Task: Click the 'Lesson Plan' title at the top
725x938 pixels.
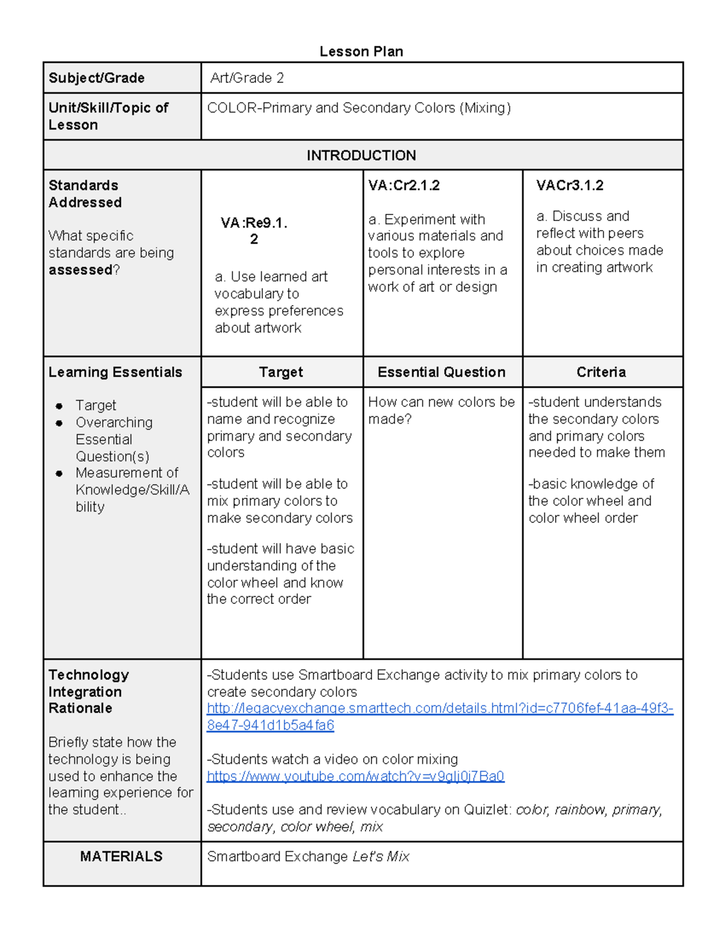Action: (361, 52)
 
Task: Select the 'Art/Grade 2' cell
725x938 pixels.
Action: (247, 78)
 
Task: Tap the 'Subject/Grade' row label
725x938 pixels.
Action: (97, 78)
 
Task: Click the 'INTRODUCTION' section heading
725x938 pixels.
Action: (361, 155)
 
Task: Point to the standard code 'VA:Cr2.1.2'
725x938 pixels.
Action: (404, 185)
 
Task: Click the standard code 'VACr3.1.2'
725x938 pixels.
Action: (570, 185)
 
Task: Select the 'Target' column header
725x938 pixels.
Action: (281, 372)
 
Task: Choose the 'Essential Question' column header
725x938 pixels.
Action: (442, 372)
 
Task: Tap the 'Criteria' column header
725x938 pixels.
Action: (601, 372)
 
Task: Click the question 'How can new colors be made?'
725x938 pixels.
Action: (441, 410)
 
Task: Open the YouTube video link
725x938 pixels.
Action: (355, 776)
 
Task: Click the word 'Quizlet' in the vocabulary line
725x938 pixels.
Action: (487, 810)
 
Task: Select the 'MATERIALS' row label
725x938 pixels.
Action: (121, 856)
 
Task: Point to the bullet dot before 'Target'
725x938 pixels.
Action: (59, 406)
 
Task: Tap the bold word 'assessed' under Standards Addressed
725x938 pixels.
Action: (80, 270)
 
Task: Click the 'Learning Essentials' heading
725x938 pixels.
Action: (115, 372)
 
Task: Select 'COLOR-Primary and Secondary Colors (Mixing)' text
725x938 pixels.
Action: (359, 108)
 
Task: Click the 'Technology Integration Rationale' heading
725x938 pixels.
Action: (89, 691)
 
